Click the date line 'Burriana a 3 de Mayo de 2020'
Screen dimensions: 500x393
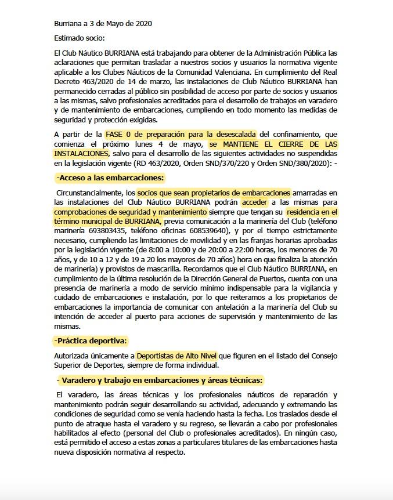102,24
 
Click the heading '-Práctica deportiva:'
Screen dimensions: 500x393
91,340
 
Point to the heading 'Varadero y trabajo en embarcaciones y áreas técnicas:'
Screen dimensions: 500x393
162,380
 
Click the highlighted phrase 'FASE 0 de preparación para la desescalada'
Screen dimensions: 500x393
182,134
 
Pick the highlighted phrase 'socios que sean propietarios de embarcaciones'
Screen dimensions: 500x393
214,193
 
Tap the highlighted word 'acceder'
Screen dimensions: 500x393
255,202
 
